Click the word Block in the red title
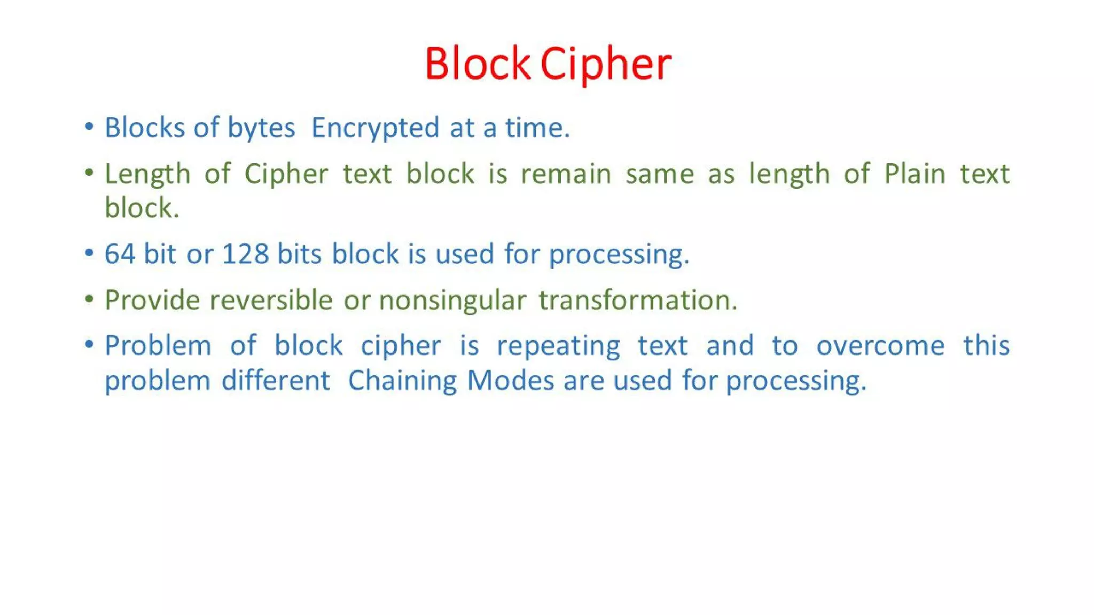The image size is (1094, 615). click(x=477, y=64)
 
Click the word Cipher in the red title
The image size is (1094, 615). click(x=605, y=64)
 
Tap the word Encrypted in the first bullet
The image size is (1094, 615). click(x=376, y=128)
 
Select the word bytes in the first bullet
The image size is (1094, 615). click(x=261, y=128)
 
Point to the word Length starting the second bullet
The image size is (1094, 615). click(x=147, y=174)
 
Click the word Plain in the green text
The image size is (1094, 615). click(x=915, y=174)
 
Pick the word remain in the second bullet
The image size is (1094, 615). click(x=566, y=174)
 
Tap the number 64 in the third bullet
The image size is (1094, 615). click(x=119, y=254)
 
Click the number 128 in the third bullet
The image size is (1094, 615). click(x=245, y=254)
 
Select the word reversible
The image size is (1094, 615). click(x=271, y=300)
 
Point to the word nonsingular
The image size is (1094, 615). click(x=452, y=300)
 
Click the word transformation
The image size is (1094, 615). click(x=638, y=300)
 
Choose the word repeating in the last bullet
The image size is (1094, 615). click(x=558, y=346)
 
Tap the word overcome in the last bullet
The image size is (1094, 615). click(x=880, y=346)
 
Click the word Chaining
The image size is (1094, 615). click(x=402, y=381)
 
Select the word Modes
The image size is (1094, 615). click(x=510, y=381)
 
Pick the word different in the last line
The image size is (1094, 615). click(x=276, y=381)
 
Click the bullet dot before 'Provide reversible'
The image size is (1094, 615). click(x=89, y=299)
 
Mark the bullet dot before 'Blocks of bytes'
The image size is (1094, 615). click(x=89, y=127)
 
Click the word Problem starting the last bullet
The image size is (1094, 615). click(x=158, y=346)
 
